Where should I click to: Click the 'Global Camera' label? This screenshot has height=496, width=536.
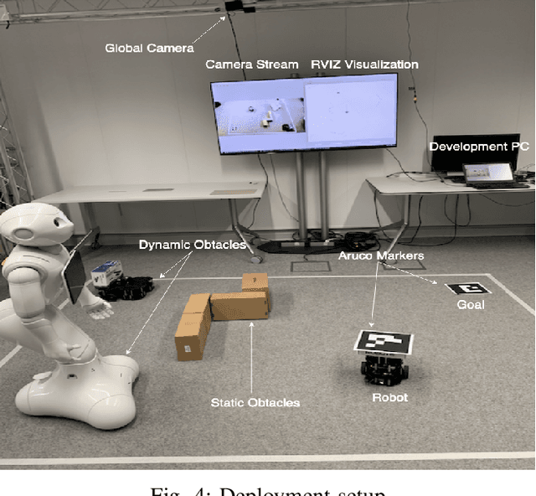point(149,48)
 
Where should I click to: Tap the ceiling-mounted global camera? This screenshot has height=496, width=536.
point(238,7)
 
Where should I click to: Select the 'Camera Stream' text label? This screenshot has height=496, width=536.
point(251,65)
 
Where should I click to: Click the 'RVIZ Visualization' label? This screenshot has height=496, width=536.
point(364,65)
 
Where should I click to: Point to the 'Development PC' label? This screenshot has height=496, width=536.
point(479,146)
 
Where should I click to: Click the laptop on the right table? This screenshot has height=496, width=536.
point(489,174)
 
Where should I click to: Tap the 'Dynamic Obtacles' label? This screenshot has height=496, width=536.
point(193,245)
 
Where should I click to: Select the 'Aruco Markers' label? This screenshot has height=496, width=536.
point(382,255)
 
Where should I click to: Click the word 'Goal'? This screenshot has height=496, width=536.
point(470,305)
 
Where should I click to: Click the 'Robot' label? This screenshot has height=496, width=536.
point(389,397)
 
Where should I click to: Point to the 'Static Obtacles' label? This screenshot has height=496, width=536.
point(255,403)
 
